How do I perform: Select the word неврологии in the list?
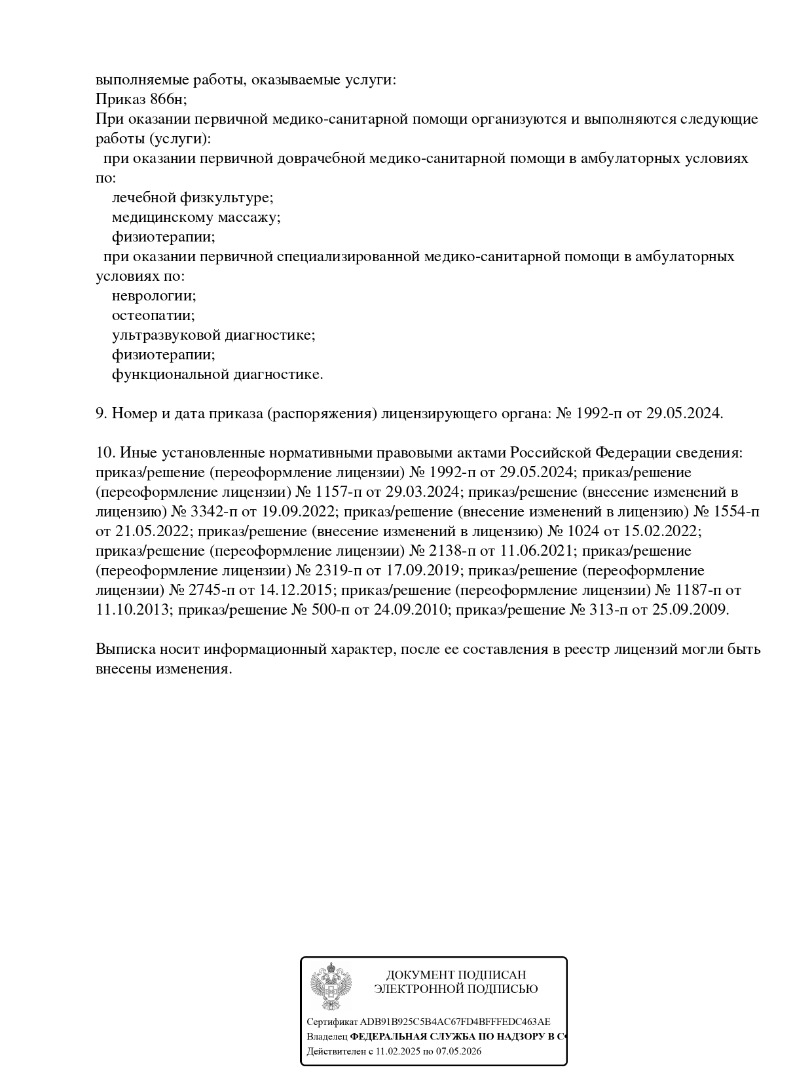(153, 296)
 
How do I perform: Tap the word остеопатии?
(153, 315)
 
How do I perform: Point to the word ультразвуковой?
(166, 335)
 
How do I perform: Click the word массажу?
(251, 217)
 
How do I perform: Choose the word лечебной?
(144, 198)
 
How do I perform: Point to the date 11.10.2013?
(133, 610)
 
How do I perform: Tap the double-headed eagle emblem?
(331, 986)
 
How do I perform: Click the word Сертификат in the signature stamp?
(332, 1022)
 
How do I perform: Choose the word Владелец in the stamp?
(327, 1037)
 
